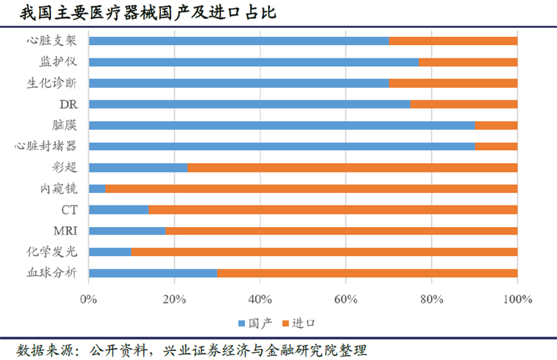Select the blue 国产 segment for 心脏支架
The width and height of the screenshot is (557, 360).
click(239, 40)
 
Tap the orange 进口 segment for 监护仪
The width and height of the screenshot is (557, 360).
click(468, 62)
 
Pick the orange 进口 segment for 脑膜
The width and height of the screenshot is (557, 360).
click(496, 125)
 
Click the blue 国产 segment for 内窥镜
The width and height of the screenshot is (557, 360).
click(97, 188)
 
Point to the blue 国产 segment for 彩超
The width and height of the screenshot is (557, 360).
click(139, 167)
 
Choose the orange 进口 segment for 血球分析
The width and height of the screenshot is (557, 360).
click(367, 273)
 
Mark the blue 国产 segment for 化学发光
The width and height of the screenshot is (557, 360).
click(110, 251)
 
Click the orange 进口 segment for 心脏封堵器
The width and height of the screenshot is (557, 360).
click(496, 146)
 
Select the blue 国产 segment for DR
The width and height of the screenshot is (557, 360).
click(249, 104)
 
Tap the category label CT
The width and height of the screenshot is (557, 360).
click(69, 210)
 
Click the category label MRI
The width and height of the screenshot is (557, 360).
click(65, 230)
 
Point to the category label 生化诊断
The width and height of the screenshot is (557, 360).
click(52, 83)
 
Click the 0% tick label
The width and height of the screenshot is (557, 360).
click(88, 299)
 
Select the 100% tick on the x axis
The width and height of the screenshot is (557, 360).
click(517, 299)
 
